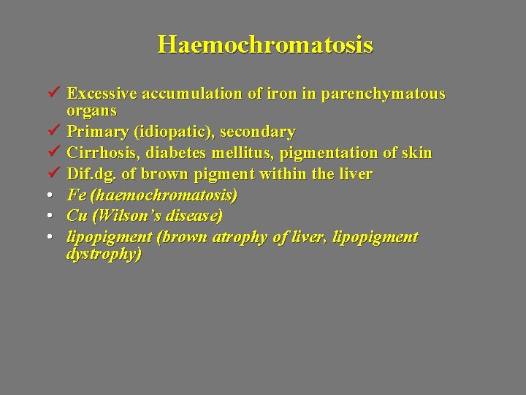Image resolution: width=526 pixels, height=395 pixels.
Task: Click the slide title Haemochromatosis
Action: tap(265, 45)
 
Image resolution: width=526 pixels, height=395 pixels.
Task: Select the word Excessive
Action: tap(102, 94)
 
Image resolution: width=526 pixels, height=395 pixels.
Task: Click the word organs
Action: tap(91, 110)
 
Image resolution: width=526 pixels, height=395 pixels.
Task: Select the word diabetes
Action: tap(170, 154)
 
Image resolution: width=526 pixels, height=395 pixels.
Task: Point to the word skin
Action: tap(416, 154)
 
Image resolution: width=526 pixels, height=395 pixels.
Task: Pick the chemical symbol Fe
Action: tap(75, 195)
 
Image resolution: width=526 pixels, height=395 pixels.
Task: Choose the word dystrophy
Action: tap(103, 255)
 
